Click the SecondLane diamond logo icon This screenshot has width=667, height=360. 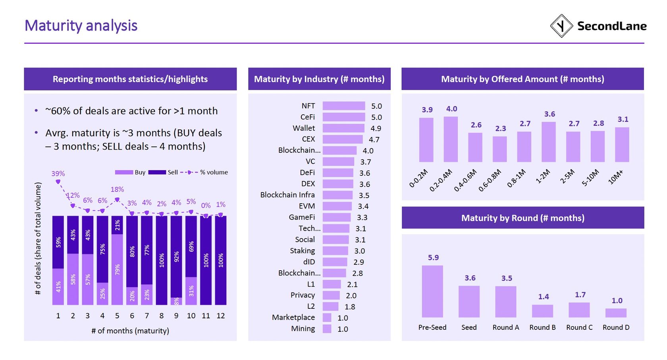tap(561, 26)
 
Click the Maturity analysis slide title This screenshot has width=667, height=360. tap(81, 26)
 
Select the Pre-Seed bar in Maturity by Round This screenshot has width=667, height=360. tap(432, 291)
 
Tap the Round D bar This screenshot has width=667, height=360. tap(616, 313)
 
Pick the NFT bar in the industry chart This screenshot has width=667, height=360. tap(343, 106)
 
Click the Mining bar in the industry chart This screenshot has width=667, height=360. tap(327, 329)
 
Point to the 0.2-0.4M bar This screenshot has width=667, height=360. tap(451, 139)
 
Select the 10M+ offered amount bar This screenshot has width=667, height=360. tap(622, 144)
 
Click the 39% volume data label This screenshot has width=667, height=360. tap(58, 173)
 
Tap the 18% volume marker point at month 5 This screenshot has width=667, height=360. tap(117, 200)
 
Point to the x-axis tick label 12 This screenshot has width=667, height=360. tap(221, 316)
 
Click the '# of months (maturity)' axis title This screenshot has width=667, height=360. tap(130, 331)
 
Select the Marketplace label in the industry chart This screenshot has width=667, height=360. tap(293, 318)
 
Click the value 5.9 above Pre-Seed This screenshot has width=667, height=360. tap(433, 258)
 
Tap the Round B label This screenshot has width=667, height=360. tap(542, 327)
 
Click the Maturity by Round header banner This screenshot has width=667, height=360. tap(522, 218)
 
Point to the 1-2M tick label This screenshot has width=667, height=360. tap(543, 176)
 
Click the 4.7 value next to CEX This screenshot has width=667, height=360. tap(374, 140)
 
